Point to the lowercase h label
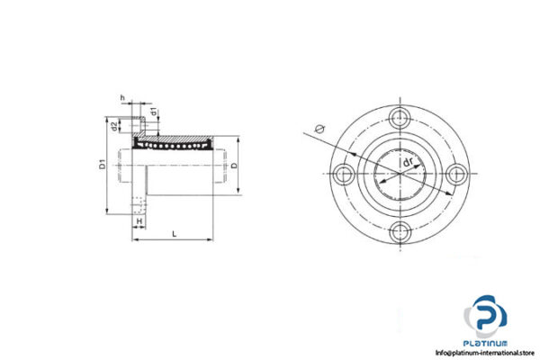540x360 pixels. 121,98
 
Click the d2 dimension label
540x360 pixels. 113,126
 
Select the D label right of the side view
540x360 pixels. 234,166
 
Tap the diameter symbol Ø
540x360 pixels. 312,129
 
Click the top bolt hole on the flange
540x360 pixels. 399,114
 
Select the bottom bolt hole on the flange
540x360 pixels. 399,231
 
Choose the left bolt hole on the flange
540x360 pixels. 340,173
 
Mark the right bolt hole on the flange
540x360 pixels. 457,173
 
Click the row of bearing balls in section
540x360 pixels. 175,142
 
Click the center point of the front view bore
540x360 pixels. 399,173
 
